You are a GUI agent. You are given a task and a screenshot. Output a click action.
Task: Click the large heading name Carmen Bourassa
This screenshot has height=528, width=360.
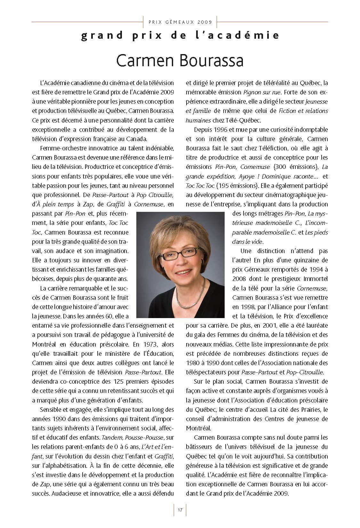click(x=180, y=60)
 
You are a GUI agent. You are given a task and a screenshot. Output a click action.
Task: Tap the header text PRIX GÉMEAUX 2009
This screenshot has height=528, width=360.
click(x=180, y=22)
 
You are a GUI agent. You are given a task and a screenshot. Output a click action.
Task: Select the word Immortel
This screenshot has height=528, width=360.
click(x=316, y=279)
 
